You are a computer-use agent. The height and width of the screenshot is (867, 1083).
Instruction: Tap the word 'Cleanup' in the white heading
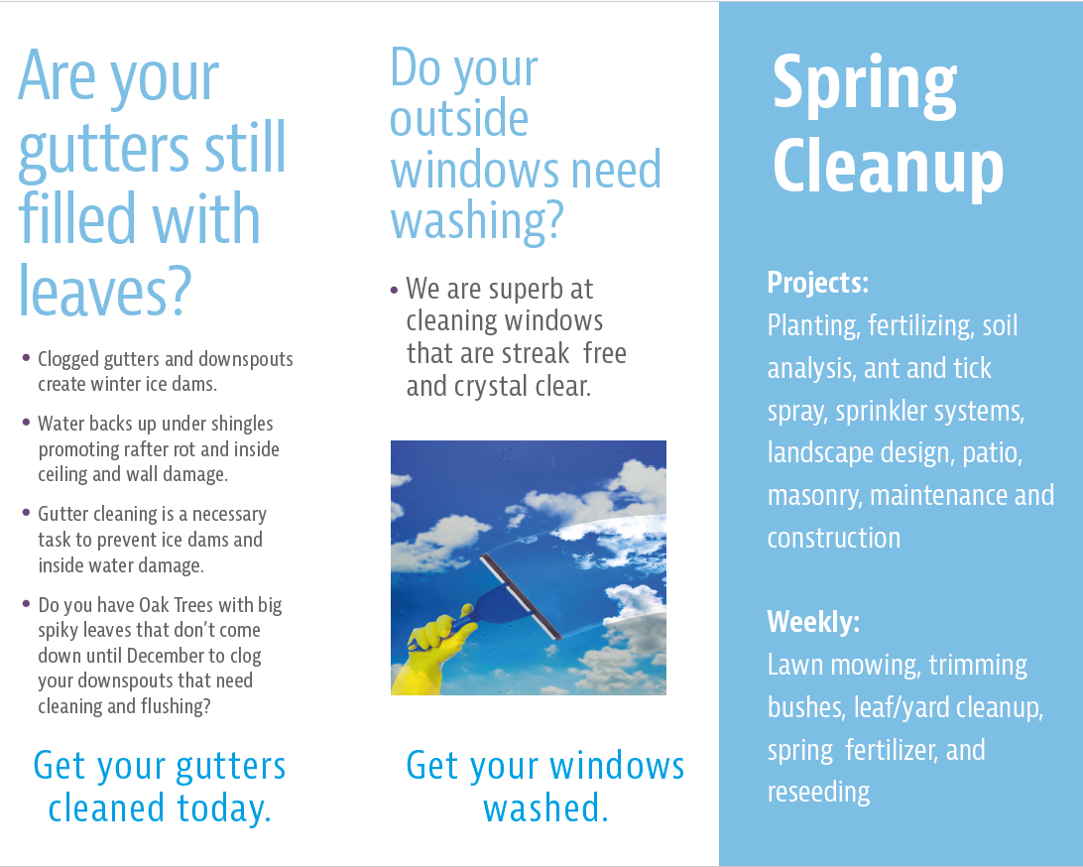[889, 166]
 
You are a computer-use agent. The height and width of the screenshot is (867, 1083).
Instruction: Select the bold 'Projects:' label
[818, 283]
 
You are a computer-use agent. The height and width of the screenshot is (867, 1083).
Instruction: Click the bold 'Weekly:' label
[813, 622]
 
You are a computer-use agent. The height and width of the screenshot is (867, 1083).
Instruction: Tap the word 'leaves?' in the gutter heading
[104, 292]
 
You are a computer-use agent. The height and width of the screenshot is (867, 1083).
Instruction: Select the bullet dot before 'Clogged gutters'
[26, 358]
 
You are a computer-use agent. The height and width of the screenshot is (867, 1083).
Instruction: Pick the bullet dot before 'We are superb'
[395, 290]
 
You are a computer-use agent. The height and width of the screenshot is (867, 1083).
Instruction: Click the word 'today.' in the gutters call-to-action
[224, 808]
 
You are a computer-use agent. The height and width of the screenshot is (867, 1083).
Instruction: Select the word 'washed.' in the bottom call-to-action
[545, 808]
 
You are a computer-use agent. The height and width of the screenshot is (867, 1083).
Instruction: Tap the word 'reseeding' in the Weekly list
[818, 793]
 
